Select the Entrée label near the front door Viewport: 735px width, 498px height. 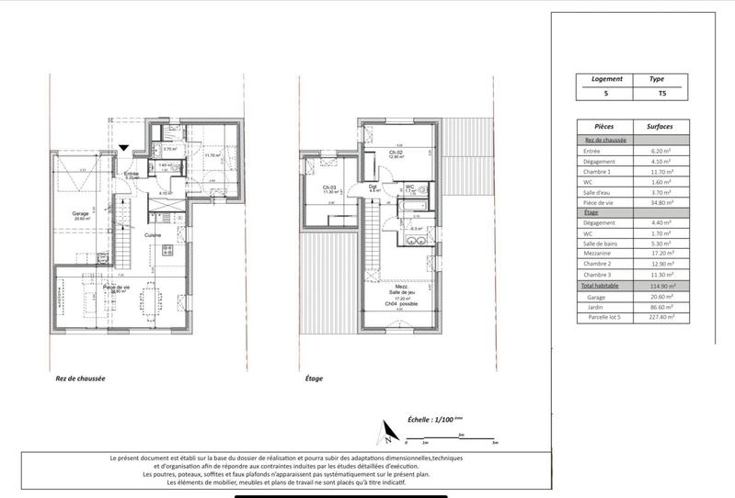click(132, 173)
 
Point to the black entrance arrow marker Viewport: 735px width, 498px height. click(124, 147)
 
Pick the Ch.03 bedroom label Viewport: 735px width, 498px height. click(328, 187)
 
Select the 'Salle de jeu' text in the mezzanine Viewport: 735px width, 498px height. click(399, 293)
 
